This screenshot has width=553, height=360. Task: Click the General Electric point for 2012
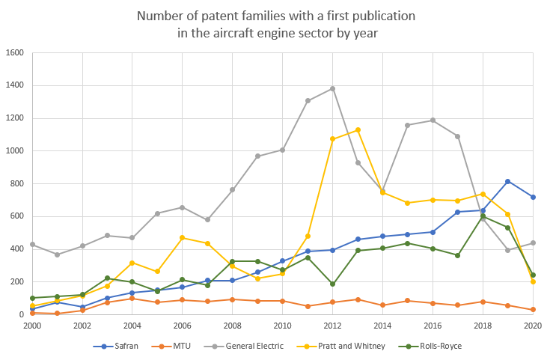[333, 88]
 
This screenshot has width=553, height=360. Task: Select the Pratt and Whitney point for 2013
[358, 129]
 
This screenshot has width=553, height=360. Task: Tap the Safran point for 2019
[508, 181]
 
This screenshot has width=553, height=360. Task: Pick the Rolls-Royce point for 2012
[333, 284]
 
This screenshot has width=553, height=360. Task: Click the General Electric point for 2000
[32, 244]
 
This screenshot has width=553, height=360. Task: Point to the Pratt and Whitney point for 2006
[183, 237]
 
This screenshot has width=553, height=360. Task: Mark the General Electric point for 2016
[433, 120]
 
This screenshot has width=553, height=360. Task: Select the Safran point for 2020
[534, 197]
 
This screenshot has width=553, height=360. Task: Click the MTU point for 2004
[132, 298]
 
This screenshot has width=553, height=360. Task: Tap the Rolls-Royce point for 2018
[483, 216]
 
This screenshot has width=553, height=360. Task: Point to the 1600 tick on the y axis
[16, 53]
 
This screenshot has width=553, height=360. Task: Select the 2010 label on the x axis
[283, 326]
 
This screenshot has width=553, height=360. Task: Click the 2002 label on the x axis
[82, 326]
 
